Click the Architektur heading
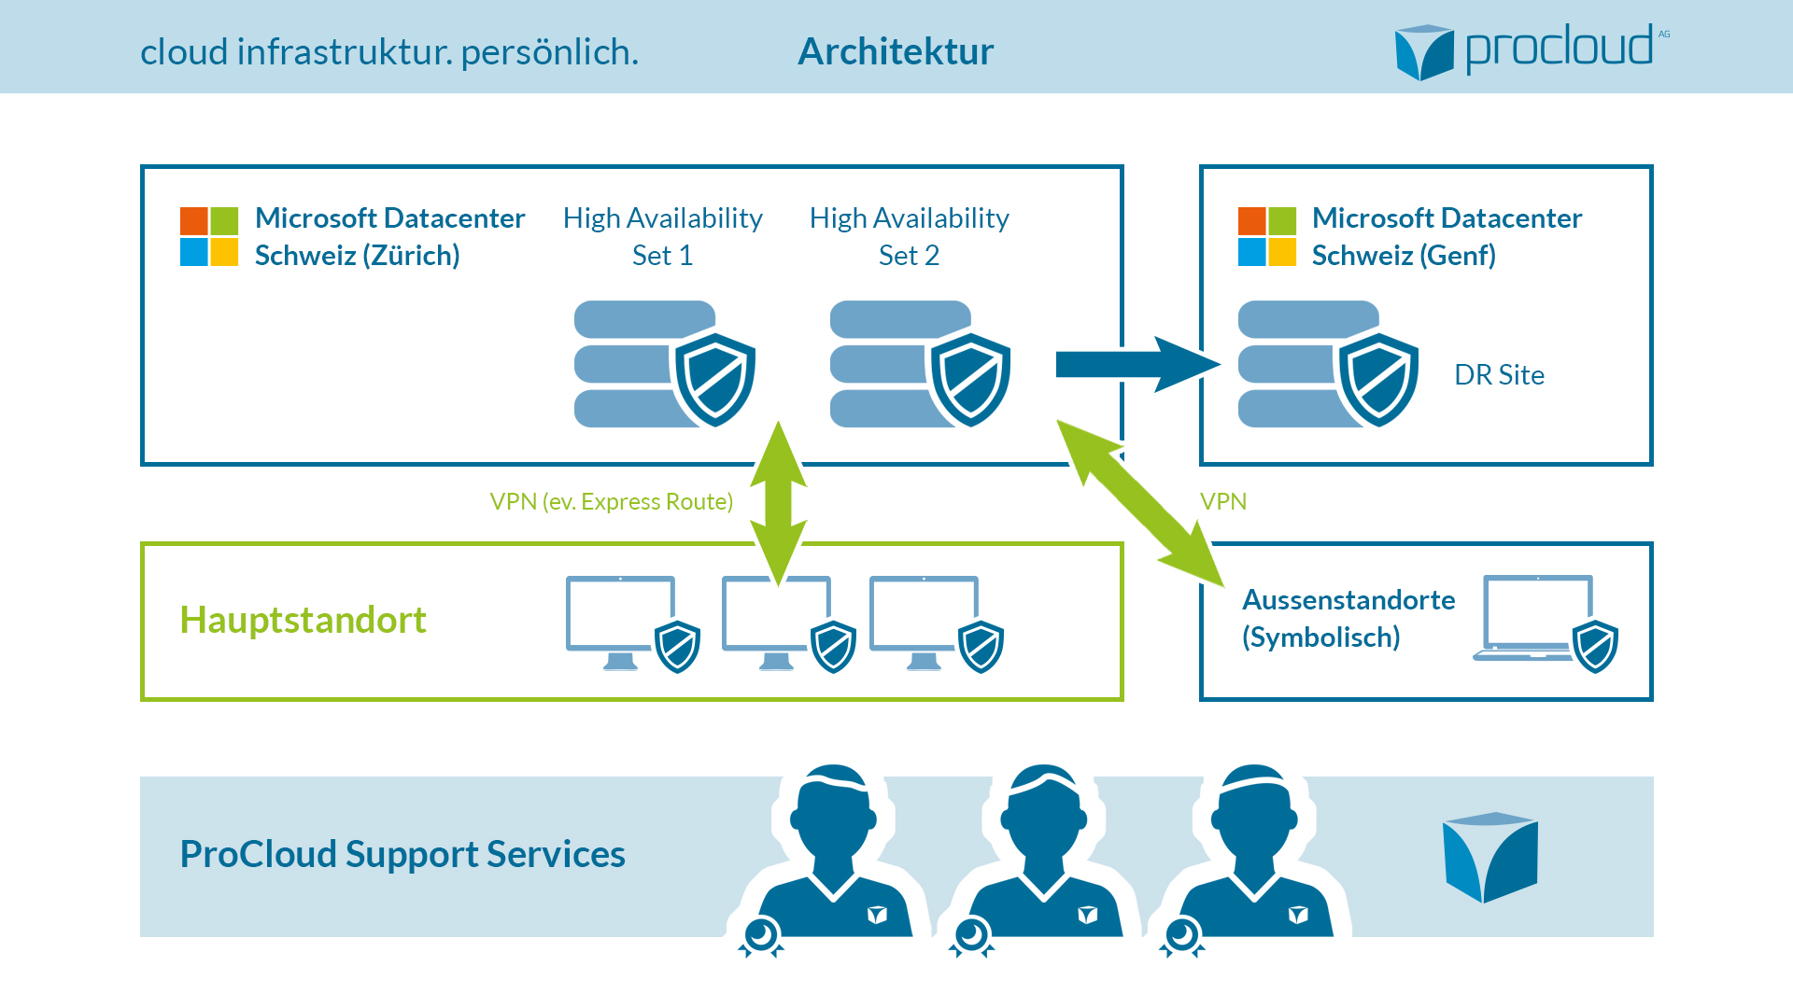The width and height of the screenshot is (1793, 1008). (x=896, y=51)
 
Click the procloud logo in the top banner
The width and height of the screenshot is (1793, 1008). (x=1532, y=51)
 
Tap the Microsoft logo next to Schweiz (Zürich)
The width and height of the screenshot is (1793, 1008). (x=209, y=236)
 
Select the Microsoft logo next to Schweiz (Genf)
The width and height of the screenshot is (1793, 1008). (x=1267, y=236)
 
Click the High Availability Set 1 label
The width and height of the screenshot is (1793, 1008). (x=663, y=236)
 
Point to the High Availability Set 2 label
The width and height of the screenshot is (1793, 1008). (x=910, y=236)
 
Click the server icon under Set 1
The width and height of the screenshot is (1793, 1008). (x=665, y=364)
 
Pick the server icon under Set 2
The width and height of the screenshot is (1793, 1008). (x=921, y=364)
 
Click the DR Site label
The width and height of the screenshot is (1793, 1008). (x=1499, y=374)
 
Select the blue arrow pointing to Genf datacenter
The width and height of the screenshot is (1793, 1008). (x=1137, y=364)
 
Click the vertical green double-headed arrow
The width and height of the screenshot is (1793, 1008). (x=779, y=504)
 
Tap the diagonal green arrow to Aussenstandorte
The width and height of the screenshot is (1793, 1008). (x=1140, y=503)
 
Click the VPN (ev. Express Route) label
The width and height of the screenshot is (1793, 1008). (x=612, y=501)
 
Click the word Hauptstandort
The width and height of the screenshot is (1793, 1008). (x=303, y=620)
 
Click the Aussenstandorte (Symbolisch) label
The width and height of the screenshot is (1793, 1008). (x=1348, y=618)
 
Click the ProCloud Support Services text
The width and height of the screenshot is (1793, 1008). (x=402, y=854)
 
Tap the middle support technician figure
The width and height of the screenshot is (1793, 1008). (x=1042, y=859)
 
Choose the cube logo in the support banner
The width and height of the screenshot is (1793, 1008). (x=1490, y=858)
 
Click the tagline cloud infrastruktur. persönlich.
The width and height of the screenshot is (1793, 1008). (x=389, y=51)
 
